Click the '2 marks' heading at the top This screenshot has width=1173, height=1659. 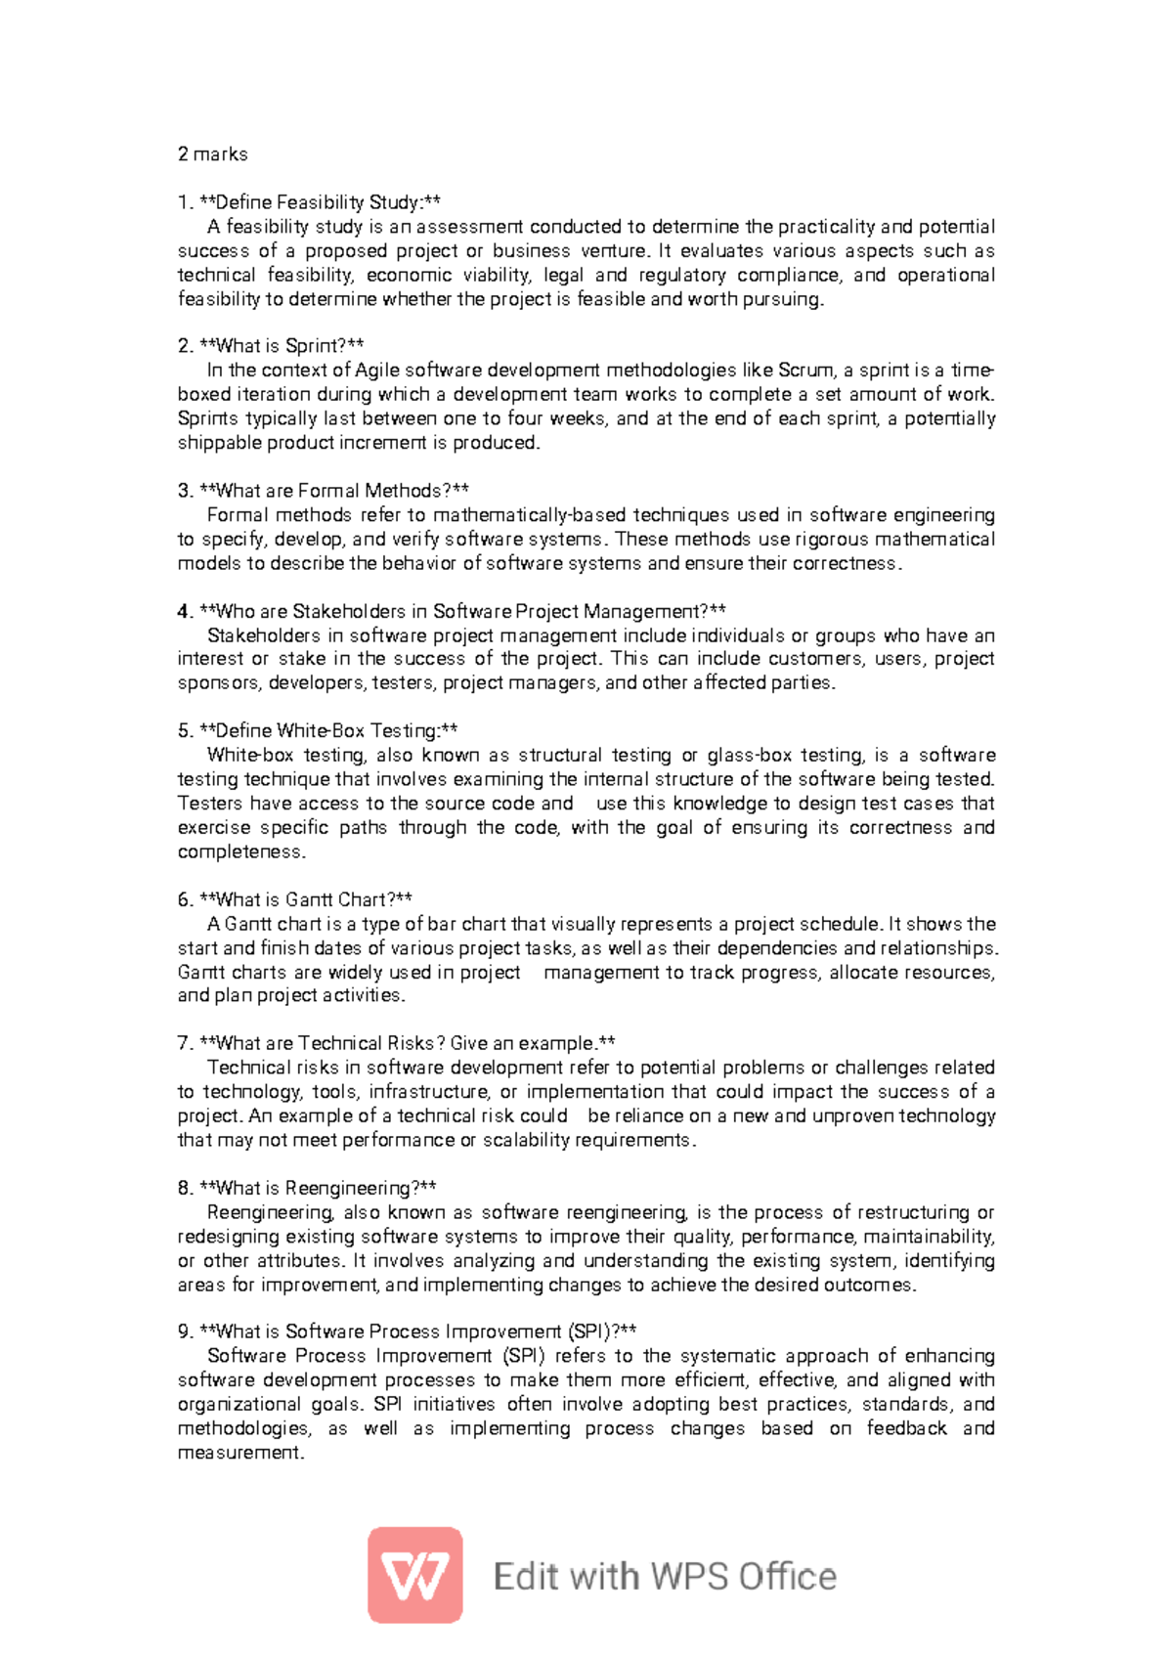(x=212, y=153)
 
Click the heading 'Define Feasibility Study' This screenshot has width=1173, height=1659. (x=310, y=202)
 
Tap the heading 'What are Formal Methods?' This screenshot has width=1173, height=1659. (x=325, y=491)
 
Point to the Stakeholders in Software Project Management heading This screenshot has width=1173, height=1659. (x=453, y=611)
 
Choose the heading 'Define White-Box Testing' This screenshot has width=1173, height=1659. (x=319, y=730)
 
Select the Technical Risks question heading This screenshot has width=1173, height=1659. (x=397, y=1043)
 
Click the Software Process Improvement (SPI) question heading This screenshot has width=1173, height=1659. (x=409, y=1332)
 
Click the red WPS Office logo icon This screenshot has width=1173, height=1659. (x=414, y=1575)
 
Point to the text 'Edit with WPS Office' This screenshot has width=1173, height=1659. (x=665, y=1576)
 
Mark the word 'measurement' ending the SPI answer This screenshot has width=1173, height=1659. (x=240, y=1453)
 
